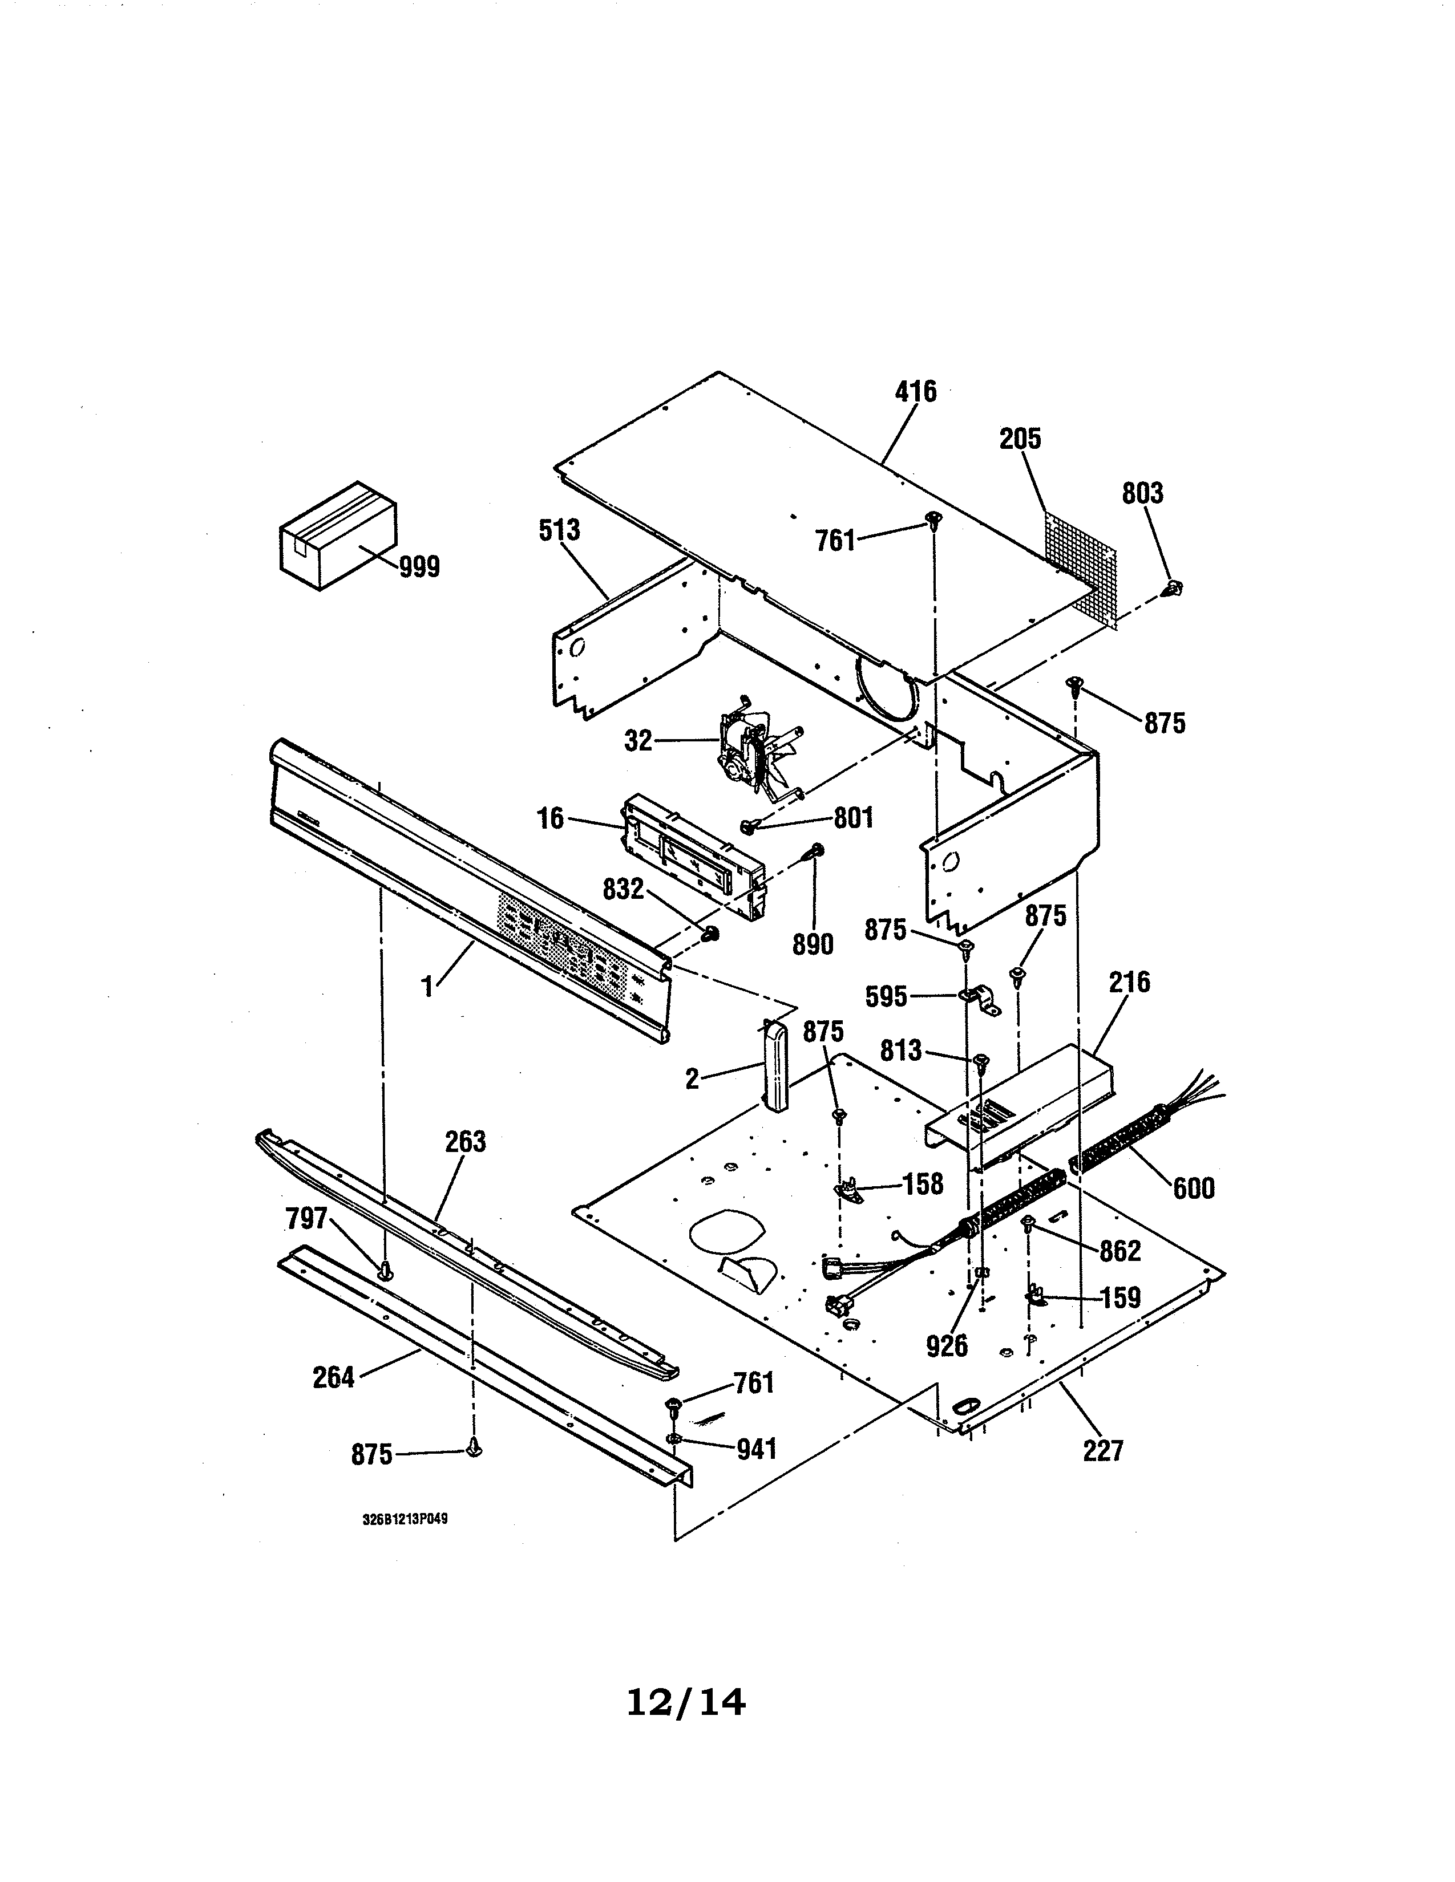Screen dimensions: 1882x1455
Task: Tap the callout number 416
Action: pyautogui.click(x=915, y=392)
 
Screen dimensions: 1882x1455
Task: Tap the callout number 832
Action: pyautogui.click(x=623, y=889)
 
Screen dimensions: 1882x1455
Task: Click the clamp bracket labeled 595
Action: pyautogui.click(x=980, y=1000)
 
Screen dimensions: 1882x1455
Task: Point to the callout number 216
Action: pyautogui.click(x=1130, y=981)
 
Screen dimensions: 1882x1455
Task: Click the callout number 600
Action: pyautogui.click(x=1193, y=1189)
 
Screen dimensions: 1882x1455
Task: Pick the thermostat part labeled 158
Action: pyautogui.click(x=847, y=1192)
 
